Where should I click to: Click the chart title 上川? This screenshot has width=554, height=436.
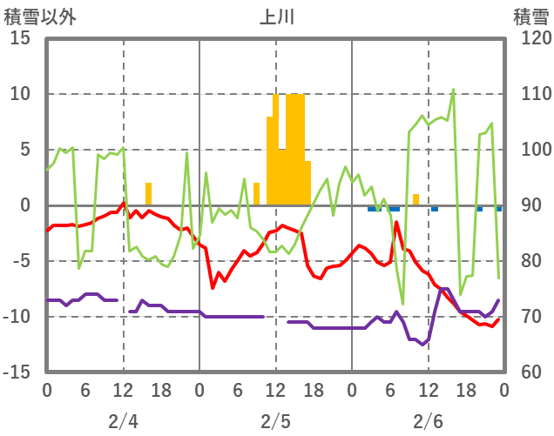pos(276,16)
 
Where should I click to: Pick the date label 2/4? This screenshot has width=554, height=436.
pos(123,421)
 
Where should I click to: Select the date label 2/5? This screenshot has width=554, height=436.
pos(275,421)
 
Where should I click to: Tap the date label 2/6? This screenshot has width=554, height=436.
pos(428,421)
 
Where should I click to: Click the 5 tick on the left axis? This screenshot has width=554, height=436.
pos(25,150)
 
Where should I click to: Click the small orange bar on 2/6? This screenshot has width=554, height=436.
pos(416,199)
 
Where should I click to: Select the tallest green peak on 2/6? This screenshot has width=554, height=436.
pos(453,90)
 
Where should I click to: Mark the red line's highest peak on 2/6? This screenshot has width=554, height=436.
pos(397,223)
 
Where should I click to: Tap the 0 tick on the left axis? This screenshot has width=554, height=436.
pos(25,205)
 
